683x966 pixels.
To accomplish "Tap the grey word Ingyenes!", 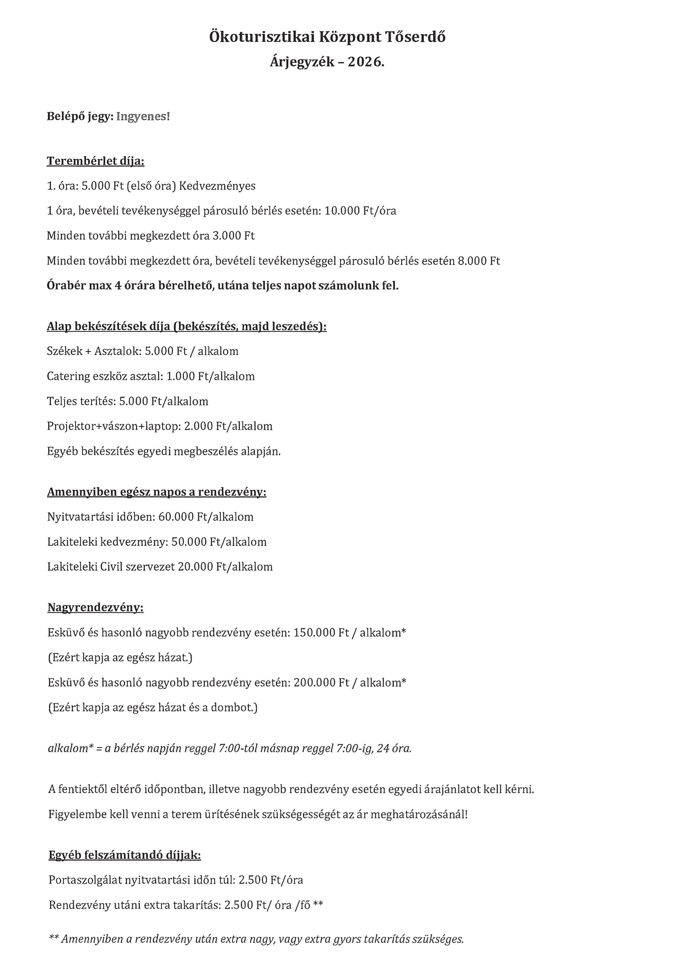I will [143, 116].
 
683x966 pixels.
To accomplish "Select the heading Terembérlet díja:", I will [96, 161].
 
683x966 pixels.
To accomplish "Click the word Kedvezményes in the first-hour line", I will [217, 186].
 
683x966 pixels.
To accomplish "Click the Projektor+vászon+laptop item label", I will [113, 427].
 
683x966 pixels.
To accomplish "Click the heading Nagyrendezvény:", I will [96, 607].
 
